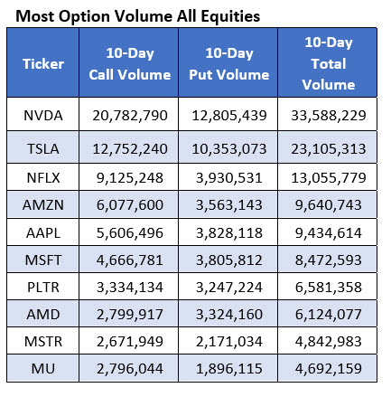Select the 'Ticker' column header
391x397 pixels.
click(42, 63)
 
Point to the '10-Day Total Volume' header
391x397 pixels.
click(327, 63)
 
